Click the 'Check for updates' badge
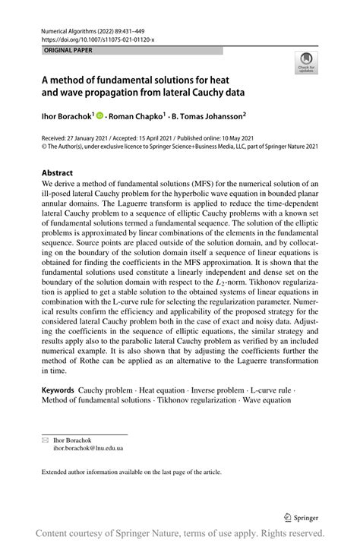tap(308, 62)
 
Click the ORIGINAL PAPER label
tap(58, 51)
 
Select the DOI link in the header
tap(93, 39)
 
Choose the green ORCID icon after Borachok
tap(99, 116)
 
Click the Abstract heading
tap(58, 172)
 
